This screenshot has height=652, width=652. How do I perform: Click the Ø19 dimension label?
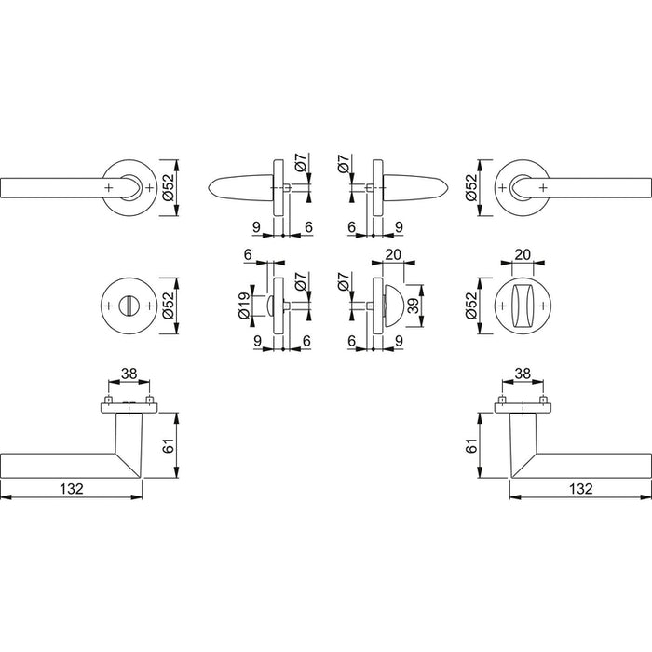[244, 306]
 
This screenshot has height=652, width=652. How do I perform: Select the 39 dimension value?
[413, 306]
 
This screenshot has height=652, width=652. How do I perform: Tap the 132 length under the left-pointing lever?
[72, 489]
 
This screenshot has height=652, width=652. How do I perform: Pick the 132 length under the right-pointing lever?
[580, 489]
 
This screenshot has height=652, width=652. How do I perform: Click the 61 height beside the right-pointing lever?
[470, 445]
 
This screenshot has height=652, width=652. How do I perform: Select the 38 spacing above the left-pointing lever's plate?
[129, 374]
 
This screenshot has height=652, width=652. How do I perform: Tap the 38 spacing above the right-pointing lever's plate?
[523, 374]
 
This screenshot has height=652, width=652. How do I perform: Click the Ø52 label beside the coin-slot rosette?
[169, 306]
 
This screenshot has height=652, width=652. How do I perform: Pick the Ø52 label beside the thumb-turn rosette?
[470, 306]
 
